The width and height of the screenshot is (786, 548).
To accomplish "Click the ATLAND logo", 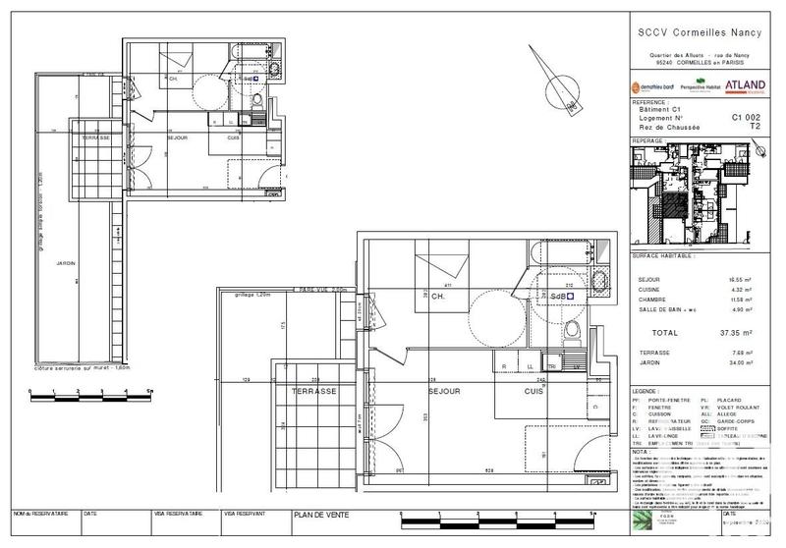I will point(745,86).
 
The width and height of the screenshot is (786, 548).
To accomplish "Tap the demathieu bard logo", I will point(652,87).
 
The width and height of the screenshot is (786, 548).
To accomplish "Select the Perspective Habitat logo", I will point(698,87).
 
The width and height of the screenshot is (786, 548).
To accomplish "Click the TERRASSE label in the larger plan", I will point(313,390).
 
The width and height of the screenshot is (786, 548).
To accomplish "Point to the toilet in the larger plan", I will point(581,330).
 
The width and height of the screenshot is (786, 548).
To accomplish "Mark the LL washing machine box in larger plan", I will point(531,366).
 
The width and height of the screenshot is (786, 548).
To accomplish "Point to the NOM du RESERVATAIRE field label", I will point(41,513).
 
